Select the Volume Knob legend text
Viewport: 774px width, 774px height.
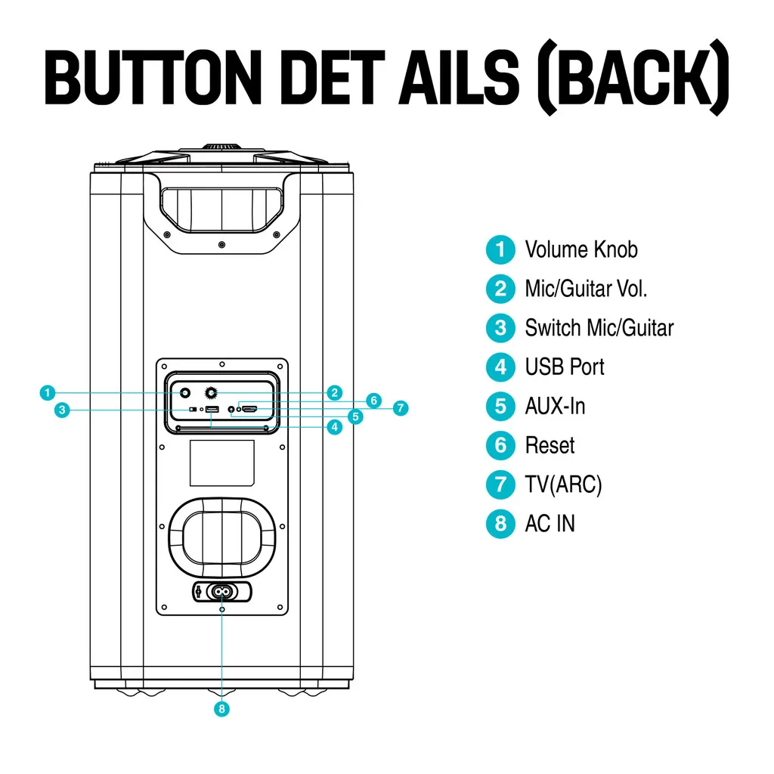point(580,249)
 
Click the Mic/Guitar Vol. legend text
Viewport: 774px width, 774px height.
point(586,289)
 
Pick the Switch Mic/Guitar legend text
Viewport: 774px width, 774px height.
point(599,328)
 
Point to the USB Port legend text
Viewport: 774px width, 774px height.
point(565,367)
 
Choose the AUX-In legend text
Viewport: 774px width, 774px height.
point(555,407)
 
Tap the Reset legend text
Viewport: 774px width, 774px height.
point(550,446)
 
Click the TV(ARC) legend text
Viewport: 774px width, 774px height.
point(563,485)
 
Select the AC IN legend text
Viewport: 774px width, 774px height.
point(550,524)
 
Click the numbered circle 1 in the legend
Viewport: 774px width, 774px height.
point(500,250)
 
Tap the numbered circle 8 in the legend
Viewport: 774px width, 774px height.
point(500,524)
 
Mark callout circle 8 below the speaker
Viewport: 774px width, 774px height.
point(221,709)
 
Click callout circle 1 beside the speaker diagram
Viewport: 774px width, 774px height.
point(47,392)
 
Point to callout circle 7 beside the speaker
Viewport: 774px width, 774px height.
point(401,408)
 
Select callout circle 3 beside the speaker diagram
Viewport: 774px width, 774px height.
point(63,410)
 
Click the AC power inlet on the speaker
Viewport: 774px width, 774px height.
point(221,591)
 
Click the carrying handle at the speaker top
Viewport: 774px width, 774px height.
point(221,204)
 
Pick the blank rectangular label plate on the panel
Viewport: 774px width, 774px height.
point(221,463)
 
